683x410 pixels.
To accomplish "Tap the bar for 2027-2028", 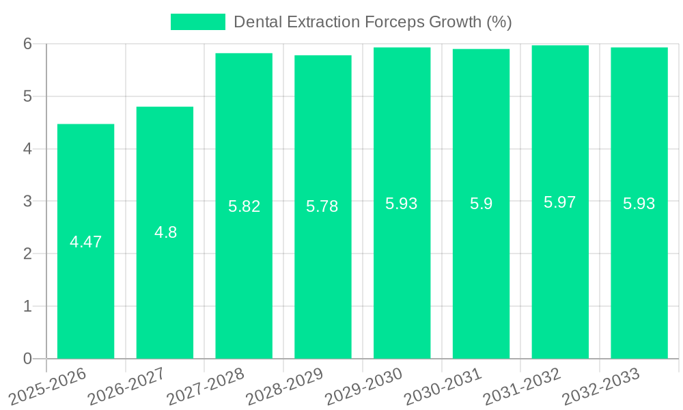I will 244,273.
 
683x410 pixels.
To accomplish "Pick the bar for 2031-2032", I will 560,273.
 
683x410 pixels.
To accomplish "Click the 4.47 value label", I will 86,242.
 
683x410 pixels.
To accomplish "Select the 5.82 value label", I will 245,206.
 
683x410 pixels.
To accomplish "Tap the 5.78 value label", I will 322,206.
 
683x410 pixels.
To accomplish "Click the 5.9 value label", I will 481,204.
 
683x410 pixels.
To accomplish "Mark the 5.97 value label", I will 560,202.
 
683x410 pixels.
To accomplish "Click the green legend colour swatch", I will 198,22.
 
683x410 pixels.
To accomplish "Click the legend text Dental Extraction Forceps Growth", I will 373,22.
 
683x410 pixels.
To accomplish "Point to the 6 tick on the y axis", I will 27,44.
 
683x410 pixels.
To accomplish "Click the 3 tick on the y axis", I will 27,201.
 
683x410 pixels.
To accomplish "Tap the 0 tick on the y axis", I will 27,359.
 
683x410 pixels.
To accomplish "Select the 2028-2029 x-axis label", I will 284,386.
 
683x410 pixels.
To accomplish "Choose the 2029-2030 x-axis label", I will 363,386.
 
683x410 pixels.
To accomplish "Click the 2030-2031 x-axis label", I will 443,386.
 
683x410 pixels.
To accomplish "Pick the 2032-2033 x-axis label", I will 600,386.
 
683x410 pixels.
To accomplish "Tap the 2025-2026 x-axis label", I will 47,386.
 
